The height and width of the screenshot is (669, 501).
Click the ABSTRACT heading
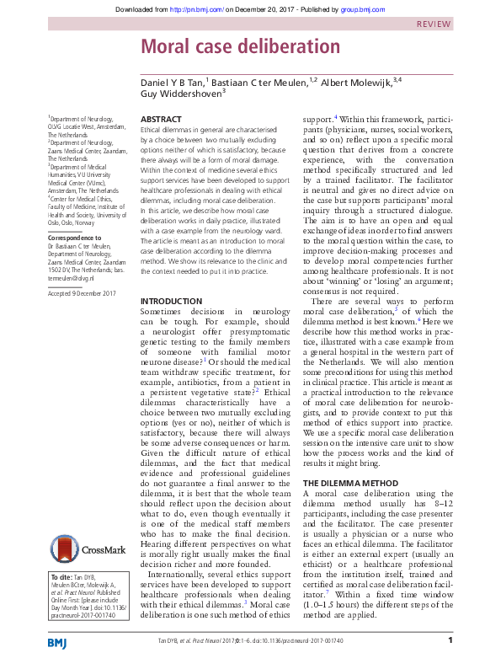160,120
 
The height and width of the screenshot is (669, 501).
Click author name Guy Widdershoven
181,94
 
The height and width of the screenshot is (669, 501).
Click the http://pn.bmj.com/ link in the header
193,9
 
